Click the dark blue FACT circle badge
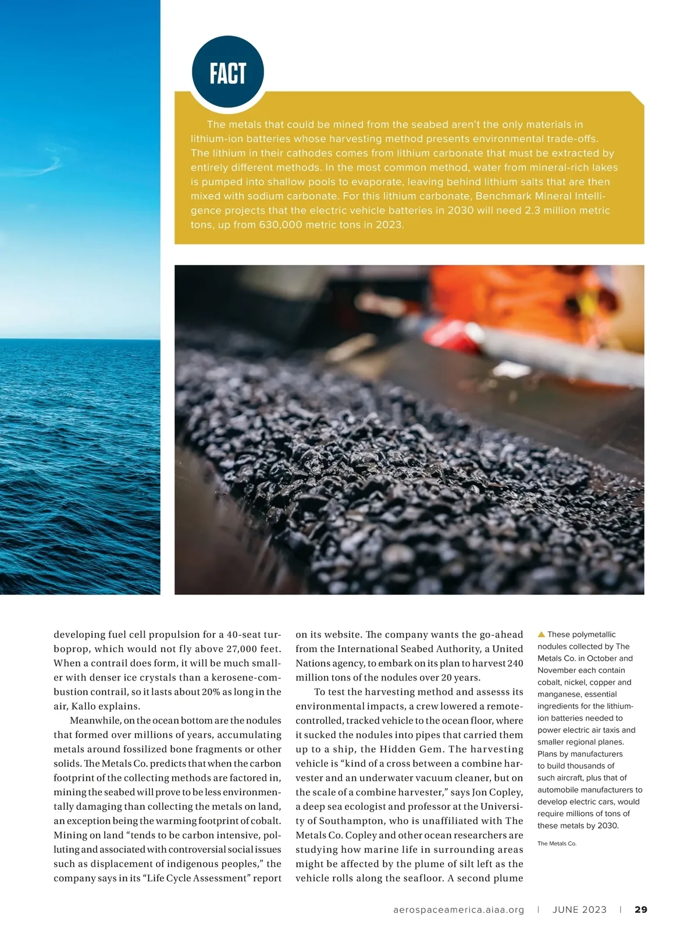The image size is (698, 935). (228, 73)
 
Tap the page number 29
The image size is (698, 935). (640, 909)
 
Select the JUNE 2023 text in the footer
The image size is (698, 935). (579, 909)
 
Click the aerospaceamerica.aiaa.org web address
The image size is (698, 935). (458, 909)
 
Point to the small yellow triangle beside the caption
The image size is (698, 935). (541, 635)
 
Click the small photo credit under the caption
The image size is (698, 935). (557, 844)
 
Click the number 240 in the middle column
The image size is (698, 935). (514, 664)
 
